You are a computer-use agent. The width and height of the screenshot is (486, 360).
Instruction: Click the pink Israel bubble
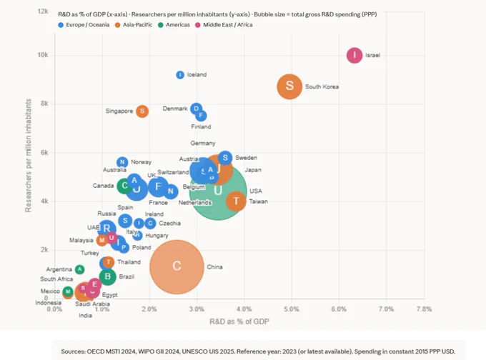click(x=354, y=56)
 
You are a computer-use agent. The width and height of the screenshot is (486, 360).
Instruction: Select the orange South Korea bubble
click(x=289, y=86)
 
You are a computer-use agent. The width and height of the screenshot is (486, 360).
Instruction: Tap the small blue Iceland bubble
click(x=180, y=75)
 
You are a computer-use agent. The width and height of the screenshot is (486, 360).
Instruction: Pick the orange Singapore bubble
click(x=142, y=111)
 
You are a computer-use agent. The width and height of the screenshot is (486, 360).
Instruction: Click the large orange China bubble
click(x=177, y=266)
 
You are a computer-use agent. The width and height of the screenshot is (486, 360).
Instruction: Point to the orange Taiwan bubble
click(x=236, y=201)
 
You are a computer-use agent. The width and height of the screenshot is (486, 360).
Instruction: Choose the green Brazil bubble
click(x=107, y=276)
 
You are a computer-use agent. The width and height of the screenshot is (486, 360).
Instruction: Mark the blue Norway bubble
click(x=122, y=162)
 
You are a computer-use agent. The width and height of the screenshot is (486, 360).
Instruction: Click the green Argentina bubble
click(x=79, y=269)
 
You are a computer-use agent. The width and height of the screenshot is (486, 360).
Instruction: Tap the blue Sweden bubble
click(x=225, y=158)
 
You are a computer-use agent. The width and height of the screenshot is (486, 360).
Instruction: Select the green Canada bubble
click(x=124, y=186)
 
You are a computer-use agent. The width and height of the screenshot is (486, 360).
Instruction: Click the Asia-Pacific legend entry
click(x=134, y=25)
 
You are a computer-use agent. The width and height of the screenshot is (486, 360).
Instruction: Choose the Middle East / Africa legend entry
click(x=224, y=25)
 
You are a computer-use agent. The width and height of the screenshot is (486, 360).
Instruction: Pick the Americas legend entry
click(x=174, y=25)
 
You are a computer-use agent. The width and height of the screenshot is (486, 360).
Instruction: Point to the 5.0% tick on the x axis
click(x=292, y=309)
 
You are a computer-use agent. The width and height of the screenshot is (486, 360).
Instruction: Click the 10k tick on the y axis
click(x=43, y=55)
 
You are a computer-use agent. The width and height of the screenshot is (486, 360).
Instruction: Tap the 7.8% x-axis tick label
click(x=424, y=309)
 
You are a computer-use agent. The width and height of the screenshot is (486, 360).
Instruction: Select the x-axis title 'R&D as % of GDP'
click(x=239, y=321)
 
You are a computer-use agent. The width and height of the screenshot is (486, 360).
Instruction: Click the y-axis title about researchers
click(x=28, y=156)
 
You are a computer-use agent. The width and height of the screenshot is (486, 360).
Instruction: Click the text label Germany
click(x=203, y=143)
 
